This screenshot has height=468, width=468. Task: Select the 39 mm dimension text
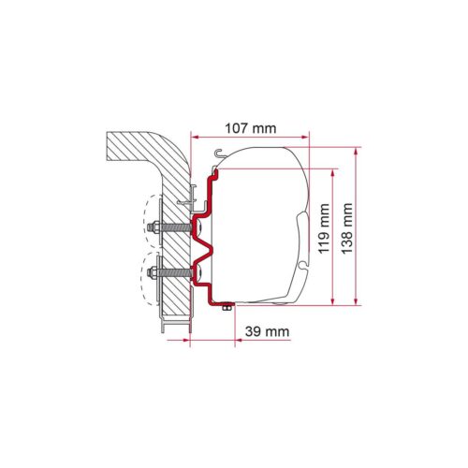point(267,331)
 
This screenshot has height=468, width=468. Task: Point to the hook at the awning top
point(219,154)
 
